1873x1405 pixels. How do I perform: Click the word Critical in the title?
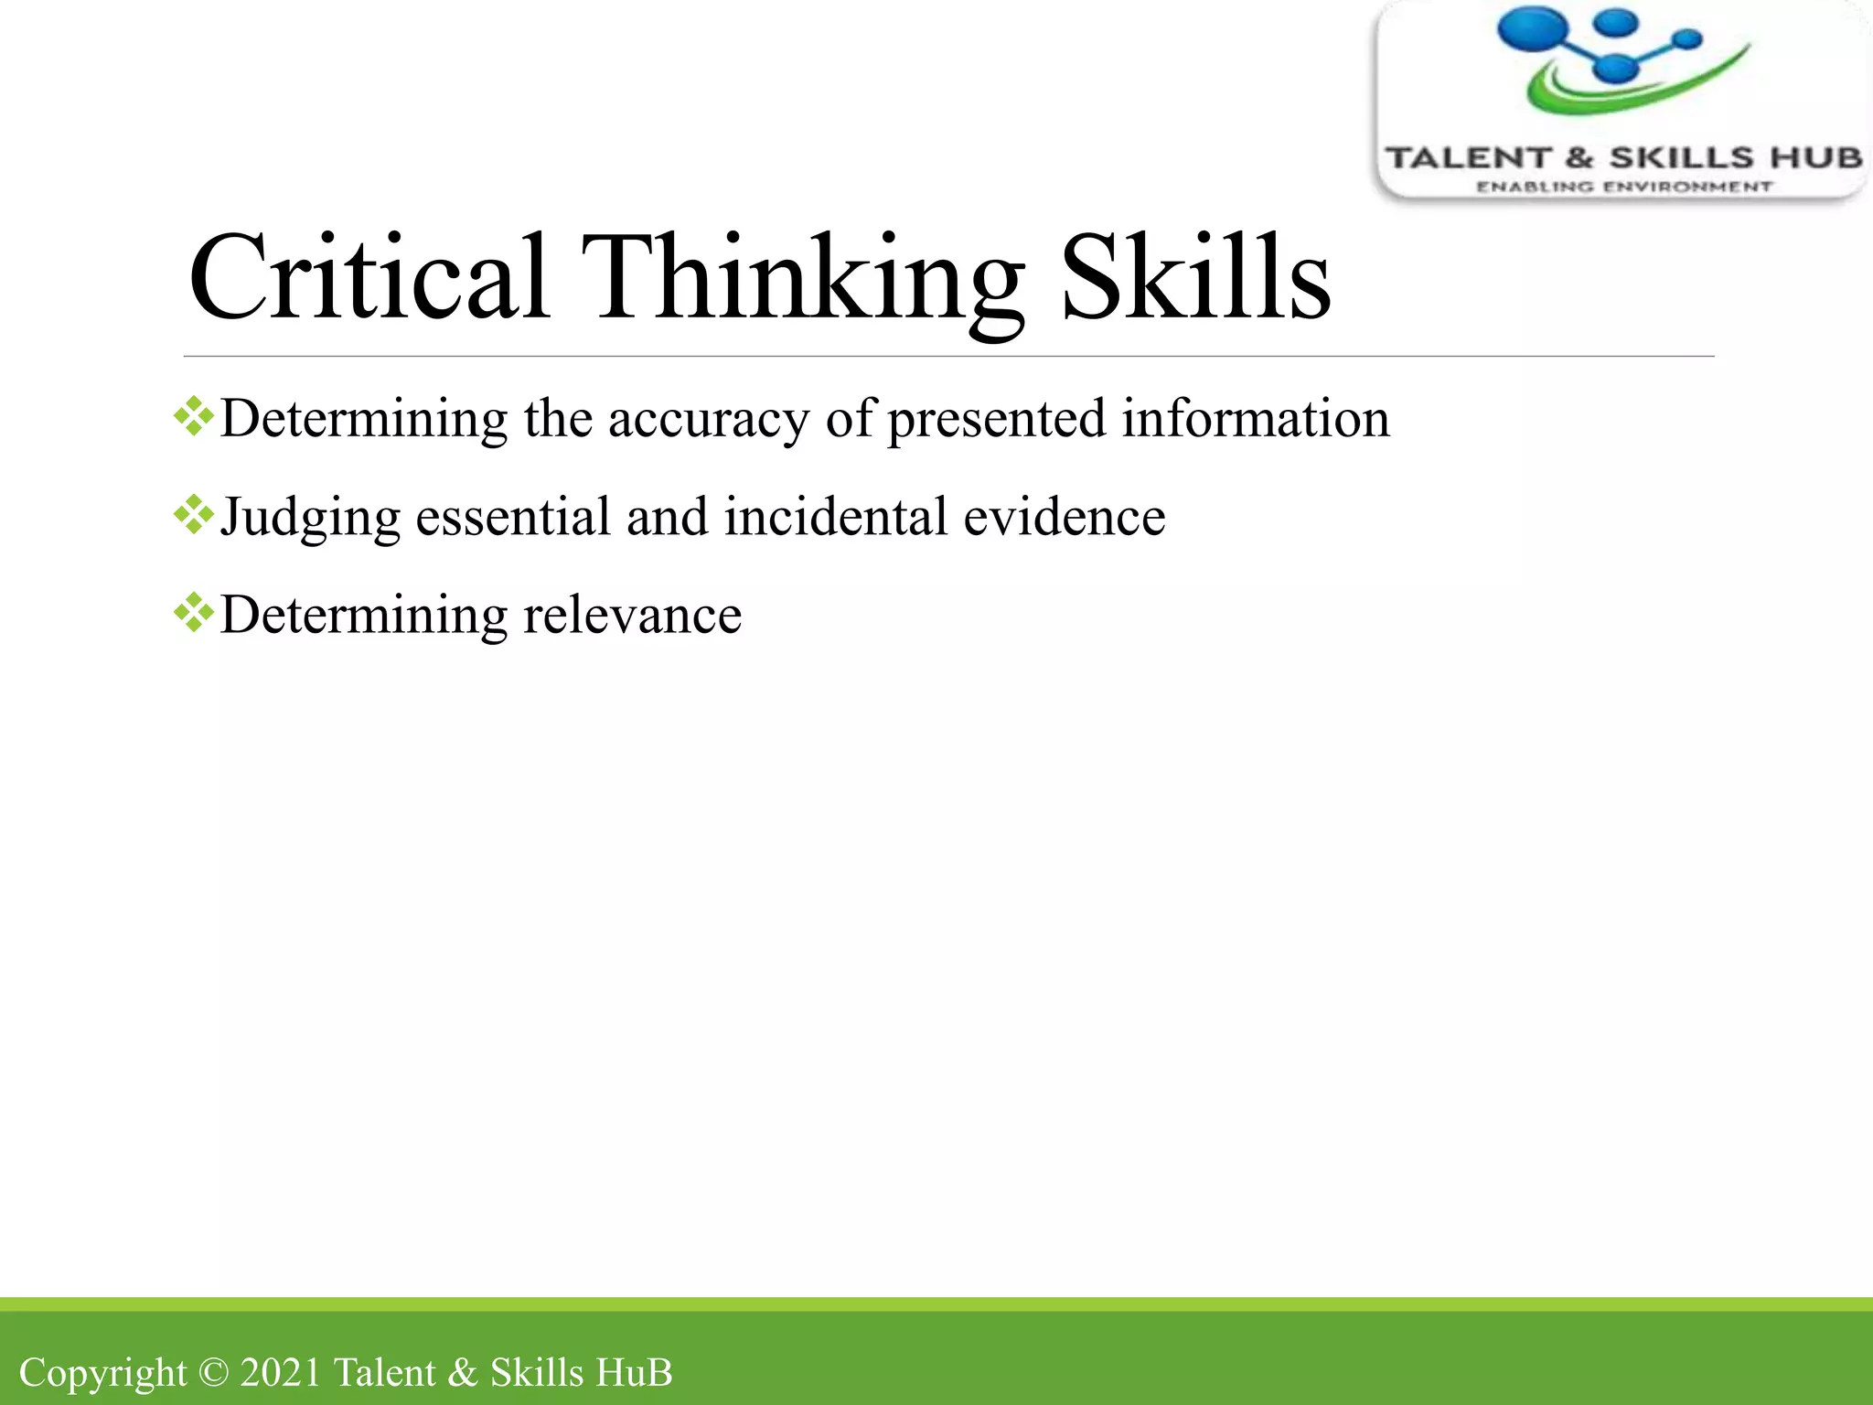coord(369,277)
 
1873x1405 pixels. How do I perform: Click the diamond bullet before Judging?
coord(194,515)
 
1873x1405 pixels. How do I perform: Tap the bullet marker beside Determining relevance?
coord(194,613)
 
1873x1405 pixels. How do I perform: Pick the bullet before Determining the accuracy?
coord(194,417)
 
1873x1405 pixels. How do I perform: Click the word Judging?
coord(310,518)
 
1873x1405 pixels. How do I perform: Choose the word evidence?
coord(1065,517)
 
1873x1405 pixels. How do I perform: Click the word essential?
coord(513,517)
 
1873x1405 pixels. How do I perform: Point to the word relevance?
coord(632,615)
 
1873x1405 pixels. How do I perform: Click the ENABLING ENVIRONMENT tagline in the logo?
coord(1624,187)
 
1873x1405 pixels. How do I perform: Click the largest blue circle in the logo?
coord(1533,27)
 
